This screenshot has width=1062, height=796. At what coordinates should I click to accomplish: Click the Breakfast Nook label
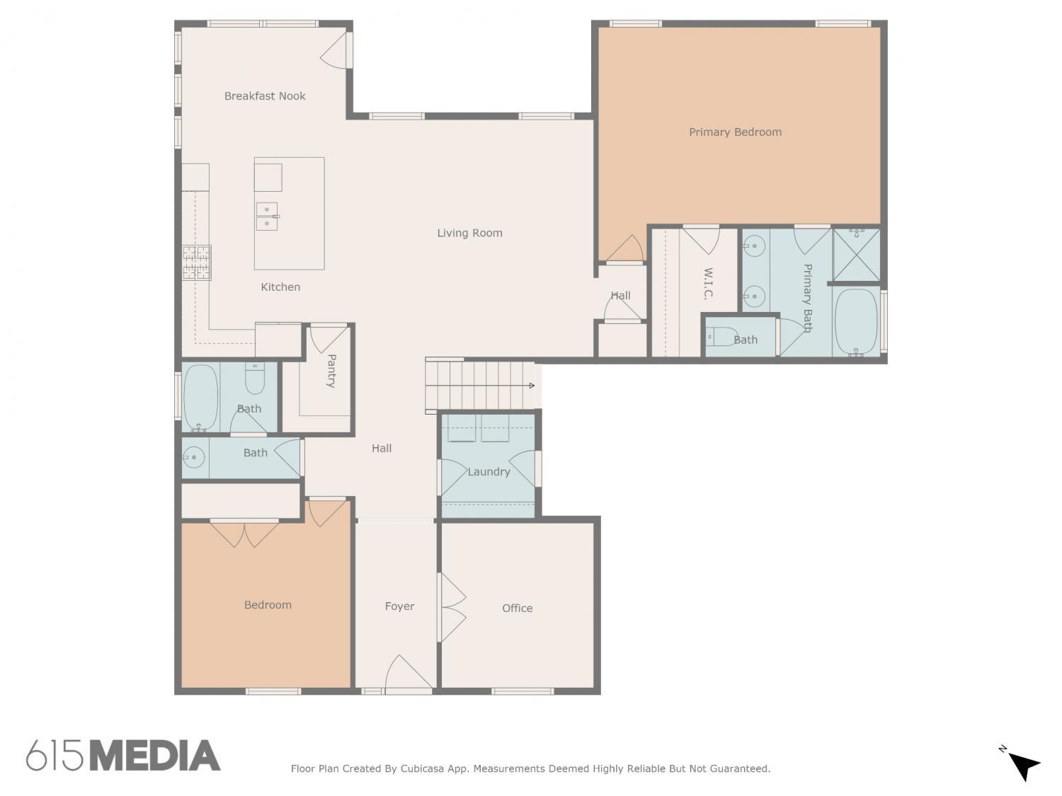click(265, 96)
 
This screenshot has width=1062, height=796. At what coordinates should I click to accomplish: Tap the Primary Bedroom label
click(735, 132)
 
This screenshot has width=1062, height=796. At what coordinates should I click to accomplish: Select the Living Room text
click(469, 233)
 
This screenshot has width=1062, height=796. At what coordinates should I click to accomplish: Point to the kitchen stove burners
click(196, 263)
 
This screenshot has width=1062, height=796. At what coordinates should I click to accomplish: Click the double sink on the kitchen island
click(267, 216)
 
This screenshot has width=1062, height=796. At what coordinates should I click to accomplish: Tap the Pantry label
click(331, 371)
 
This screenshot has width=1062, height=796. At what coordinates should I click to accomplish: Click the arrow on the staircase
click(531, 385)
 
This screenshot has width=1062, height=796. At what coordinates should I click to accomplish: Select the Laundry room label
click(489, 472)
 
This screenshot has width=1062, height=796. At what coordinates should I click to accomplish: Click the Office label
click(518, 608)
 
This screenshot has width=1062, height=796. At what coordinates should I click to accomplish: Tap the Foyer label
click(399, 606)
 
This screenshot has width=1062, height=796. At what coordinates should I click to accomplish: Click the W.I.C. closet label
click(708, 284)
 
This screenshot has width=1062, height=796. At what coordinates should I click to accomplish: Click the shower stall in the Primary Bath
click(857, 255)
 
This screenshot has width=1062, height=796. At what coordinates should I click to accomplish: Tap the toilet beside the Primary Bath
click(722, 336)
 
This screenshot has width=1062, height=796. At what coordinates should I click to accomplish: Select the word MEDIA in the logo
click(156, 756)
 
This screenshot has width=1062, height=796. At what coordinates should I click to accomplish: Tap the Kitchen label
click(280, 287)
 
